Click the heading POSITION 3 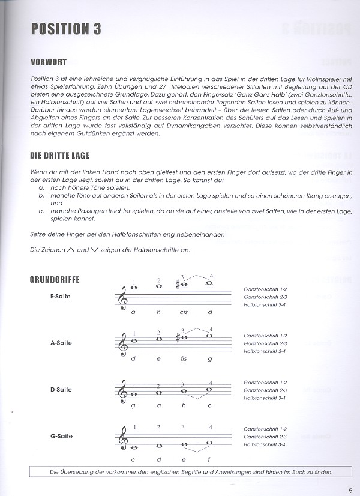(65, 29)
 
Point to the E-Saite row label (62, 296)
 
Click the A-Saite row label (62, 343)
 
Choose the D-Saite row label (62, 390)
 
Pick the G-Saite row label (62, 437)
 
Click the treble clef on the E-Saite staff (122, 297)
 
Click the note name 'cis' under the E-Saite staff (184, 312)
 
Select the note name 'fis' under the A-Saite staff (184, 359)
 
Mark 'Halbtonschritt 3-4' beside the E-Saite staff (265, 304)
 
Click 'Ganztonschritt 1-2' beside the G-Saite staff (265, 429)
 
